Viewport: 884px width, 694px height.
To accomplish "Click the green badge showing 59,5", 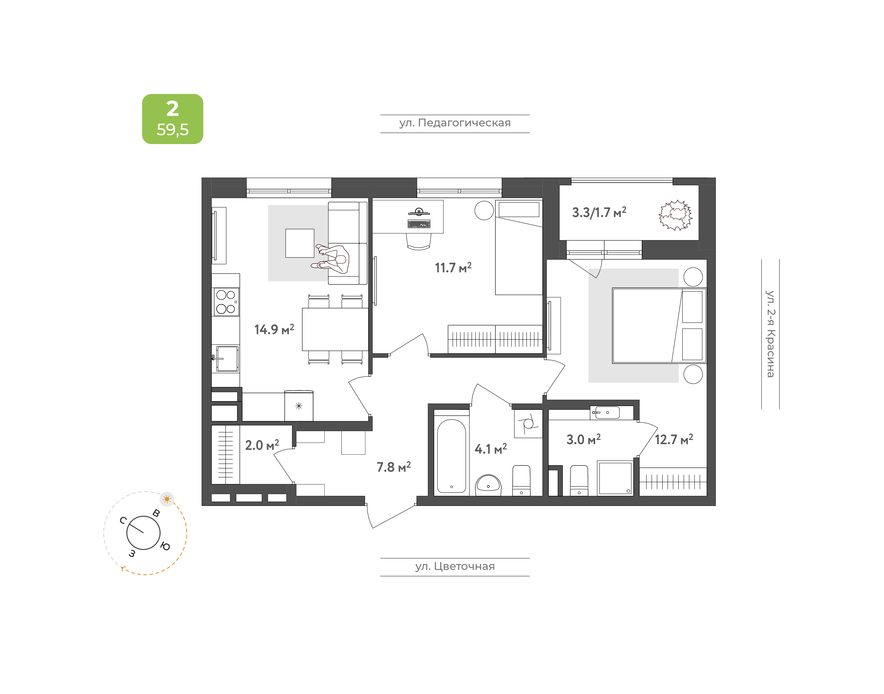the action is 173,119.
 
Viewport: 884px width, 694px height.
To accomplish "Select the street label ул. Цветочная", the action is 455,566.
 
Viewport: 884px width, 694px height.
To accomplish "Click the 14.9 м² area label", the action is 274,329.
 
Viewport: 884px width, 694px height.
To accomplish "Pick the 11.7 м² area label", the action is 453,267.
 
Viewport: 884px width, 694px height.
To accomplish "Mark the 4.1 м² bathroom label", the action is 490,449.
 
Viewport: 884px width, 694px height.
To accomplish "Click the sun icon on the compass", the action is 167,499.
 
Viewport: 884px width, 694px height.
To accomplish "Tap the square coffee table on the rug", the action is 300,243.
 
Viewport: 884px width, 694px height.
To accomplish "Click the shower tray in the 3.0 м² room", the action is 615,478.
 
